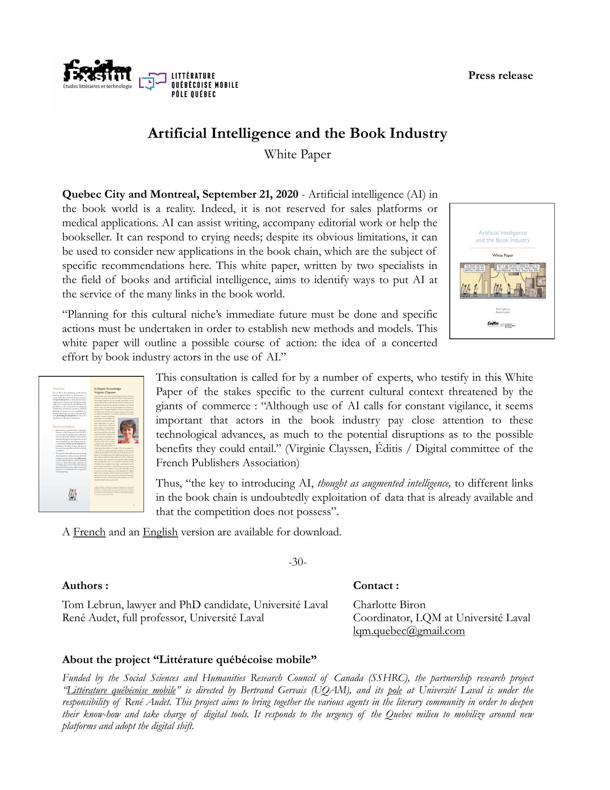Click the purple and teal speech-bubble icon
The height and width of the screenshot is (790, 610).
click(152, 81)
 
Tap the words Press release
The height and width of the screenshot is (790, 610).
click(500, 76)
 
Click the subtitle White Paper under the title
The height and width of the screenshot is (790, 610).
click(297, 155)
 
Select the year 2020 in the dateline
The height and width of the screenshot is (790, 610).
click(287, 194)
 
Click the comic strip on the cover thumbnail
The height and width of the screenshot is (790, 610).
click(503, 281)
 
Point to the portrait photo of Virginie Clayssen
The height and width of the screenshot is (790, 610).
click(129, 431)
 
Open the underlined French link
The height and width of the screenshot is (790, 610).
click(89, 532)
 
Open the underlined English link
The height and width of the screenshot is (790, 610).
click(160, 532)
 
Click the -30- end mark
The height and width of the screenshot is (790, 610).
click(297, 562)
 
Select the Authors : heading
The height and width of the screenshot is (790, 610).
click(85, 586)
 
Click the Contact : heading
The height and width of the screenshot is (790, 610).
click(376, 586)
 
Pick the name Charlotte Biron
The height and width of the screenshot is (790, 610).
click(389, 605)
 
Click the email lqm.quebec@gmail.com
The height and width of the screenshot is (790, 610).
click(409, 631)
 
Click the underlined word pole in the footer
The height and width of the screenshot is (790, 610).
click(395, 690)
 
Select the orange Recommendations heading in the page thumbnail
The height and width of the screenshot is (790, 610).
click(63, 427)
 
